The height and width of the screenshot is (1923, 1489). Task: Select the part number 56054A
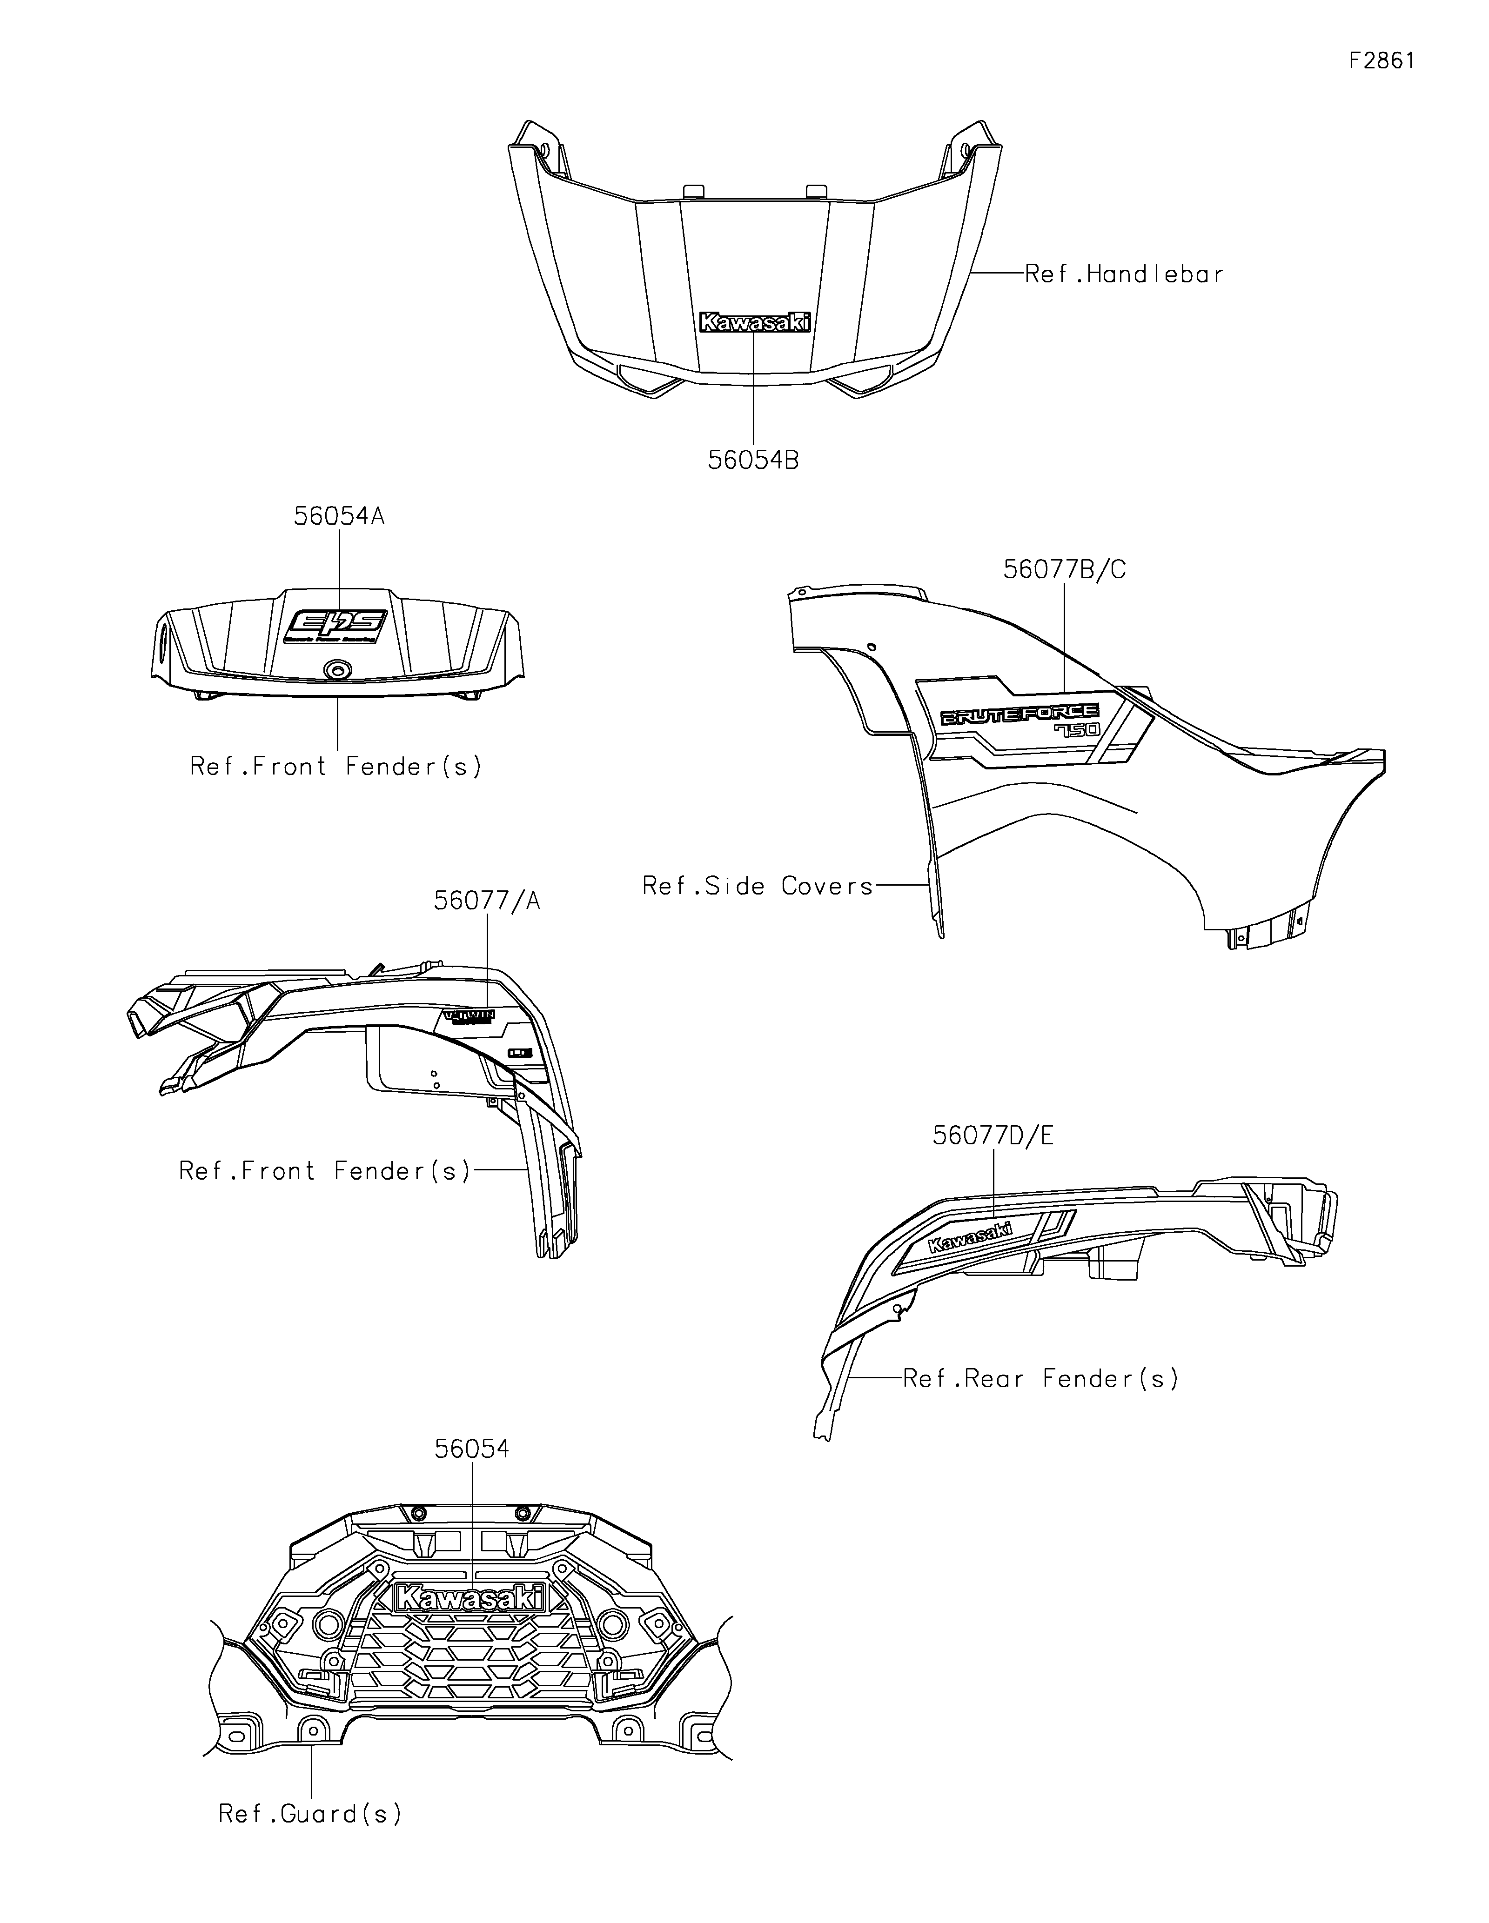point(339,516)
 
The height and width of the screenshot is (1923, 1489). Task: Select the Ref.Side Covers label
point(757,886)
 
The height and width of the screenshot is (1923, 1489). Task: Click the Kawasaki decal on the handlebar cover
point(754,323)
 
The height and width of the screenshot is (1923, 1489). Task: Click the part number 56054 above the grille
point(471,1449)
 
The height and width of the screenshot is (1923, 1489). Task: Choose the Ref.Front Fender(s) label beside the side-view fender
point(325,1171)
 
